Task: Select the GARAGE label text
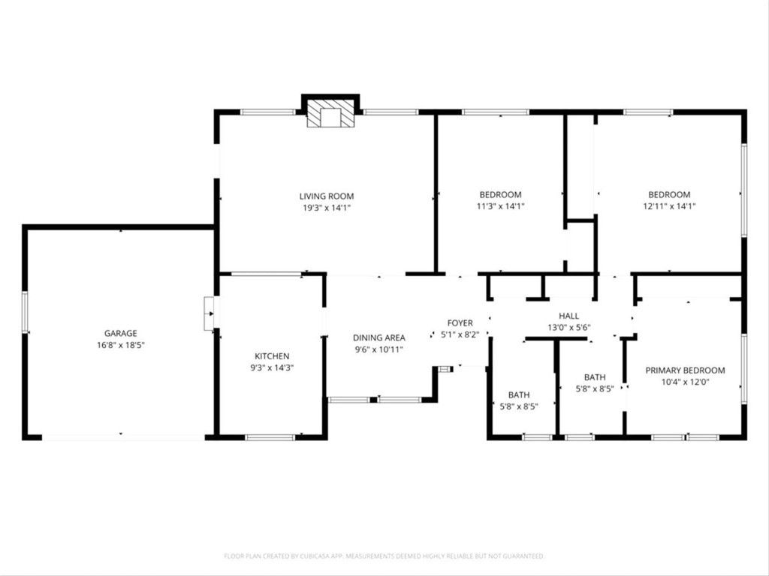tap(121, 333)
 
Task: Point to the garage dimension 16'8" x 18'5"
tap(121, 345)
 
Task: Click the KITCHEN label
tap(272, 356)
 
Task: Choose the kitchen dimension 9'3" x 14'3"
tap(272, 367)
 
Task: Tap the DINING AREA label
tap(379, 337)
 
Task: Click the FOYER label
tap(460, 323)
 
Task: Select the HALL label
tap(568, 316)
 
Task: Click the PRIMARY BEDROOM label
tap(686, 370)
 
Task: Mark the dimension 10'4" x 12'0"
tap(686, 382)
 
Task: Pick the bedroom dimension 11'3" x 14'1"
tap(500, 206)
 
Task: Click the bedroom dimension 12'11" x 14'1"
tap(669, 206)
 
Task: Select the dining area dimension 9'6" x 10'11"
tap(379, 349)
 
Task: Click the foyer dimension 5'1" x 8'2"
tap(460, 334)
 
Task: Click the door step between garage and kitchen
tap(209, 313)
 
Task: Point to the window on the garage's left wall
tap(25, 312)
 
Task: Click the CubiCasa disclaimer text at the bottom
tap(384, 556)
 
